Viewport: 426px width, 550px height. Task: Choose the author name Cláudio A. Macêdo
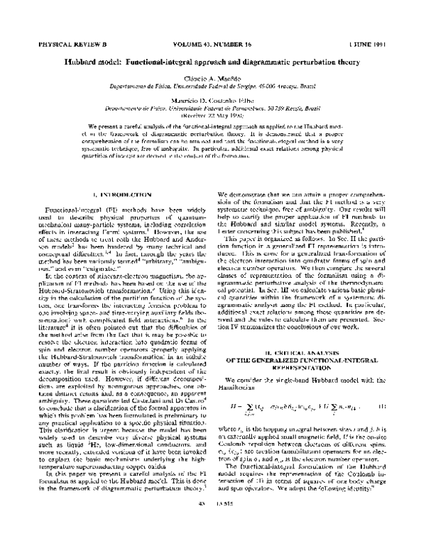(212, 76)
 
